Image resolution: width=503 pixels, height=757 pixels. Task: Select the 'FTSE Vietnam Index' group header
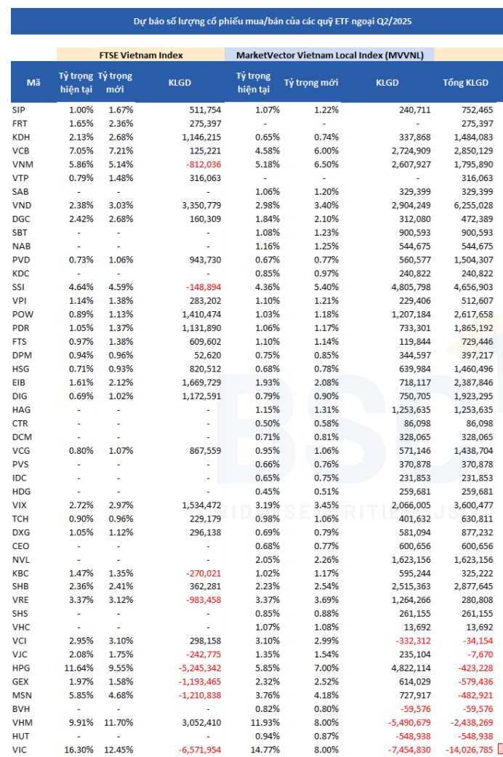140,55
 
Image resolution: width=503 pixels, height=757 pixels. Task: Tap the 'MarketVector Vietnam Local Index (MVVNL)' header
329,55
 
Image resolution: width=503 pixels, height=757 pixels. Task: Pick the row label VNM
23,164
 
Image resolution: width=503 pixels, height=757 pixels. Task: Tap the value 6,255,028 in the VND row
472,205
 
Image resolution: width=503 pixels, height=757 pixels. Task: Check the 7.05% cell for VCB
76,151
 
